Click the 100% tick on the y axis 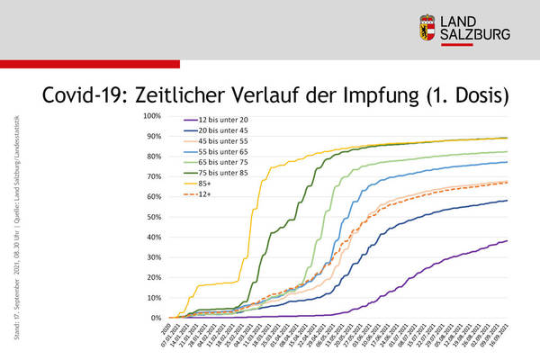pyautogui.click(x=151, y=116)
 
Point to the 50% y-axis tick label pyautogui.click(x=153, y=217)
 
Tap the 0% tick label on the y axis pyautogui.click(x=155, y=318)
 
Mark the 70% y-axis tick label pyautogui.click(x=153, y=176)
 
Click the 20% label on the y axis pyautogui.click(x=153, y=277)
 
